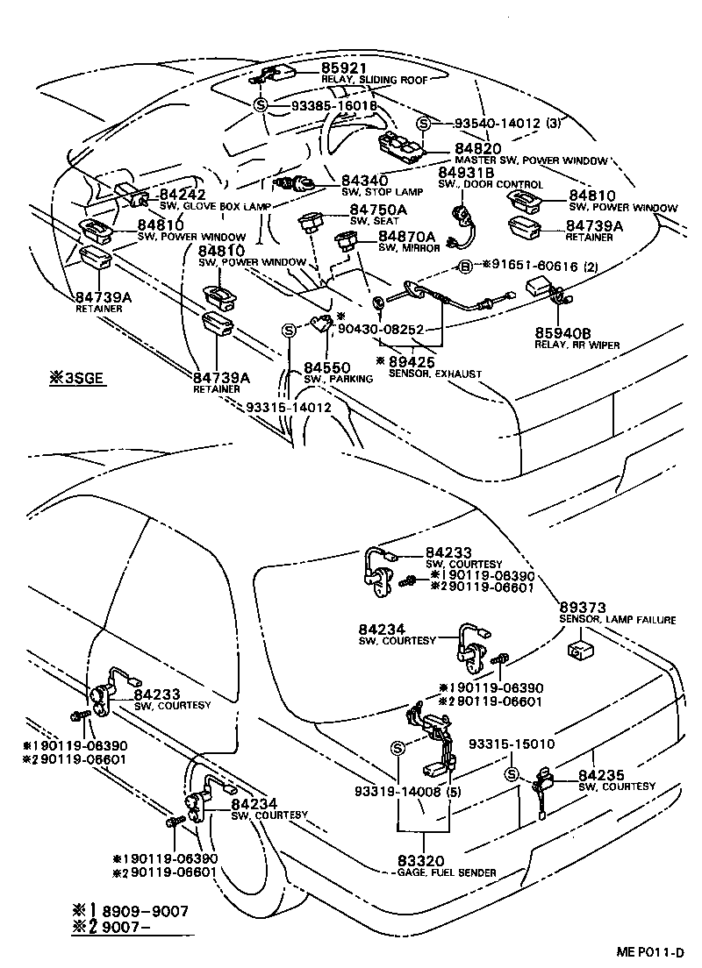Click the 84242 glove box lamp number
coord(183,195)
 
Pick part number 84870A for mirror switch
coord(407,237)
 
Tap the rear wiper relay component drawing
coord(546,291)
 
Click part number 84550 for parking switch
coord(326,367)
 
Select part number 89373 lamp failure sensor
coord(584,607)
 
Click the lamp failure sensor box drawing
coord(581,650)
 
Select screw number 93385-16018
coord(322,105)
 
